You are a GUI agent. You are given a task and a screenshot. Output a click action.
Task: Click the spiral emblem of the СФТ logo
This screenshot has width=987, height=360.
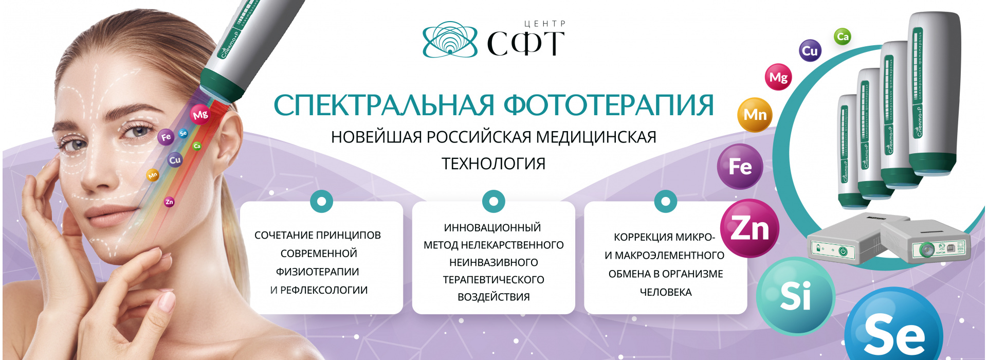tap(449, 39)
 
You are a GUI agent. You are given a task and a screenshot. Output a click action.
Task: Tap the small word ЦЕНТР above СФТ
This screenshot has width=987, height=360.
tap(545, 24)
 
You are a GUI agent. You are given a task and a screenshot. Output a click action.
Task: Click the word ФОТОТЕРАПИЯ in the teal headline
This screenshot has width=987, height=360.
tap(609, 105)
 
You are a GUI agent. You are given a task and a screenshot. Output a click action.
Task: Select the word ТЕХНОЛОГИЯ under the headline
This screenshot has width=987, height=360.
tap(493, 164)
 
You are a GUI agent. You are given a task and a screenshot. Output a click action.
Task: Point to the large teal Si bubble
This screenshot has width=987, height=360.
tap(795, 296)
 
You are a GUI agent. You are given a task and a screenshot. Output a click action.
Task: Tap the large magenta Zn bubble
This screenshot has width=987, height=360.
tap(750, 228)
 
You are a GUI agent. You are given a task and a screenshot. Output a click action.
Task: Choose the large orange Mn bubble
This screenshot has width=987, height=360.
tap(754, 115)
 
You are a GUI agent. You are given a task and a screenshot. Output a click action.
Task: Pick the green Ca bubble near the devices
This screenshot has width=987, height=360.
tap(842, 37)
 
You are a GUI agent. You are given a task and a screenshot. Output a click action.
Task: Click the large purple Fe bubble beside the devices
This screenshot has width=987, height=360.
tap(740, 167)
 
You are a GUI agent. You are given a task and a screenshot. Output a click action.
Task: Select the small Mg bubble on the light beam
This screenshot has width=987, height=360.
tap(200, 115)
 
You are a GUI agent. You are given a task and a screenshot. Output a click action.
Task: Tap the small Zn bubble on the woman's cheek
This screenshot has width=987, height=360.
tap(169, 202)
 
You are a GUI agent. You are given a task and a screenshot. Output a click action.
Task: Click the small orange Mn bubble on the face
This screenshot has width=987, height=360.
tap(153, 175)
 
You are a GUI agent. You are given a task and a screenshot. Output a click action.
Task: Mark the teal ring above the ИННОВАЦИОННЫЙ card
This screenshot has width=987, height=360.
tap(493, 202)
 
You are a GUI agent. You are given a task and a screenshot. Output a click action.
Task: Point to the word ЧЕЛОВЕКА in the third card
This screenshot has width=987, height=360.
tap(666, 292)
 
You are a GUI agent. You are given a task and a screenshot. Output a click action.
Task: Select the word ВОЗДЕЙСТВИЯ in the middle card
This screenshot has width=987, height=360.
tap(493, 297)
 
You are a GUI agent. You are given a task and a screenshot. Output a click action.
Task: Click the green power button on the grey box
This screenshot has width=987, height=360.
tap(843, 251)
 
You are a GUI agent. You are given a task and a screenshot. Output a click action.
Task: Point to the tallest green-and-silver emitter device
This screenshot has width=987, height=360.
tap(933, 93)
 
